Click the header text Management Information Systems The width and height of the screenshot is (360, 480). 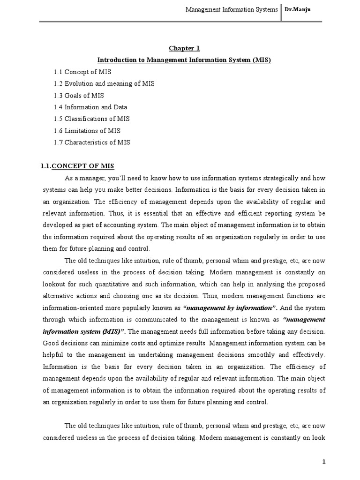(x=232, y=9)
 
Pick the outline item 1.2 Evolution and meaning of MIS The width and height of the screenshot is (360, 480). (x=104, y=83)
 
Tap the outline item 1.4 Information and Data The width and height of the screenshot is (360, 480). (x=90, y=107)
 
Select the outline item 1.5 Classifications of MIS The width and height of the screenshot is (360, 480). (x=92, y=119)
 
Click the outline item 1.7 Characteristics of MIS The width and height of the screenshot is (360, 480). (x=92, y=142)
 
